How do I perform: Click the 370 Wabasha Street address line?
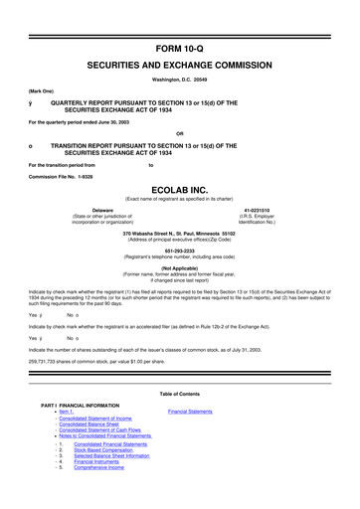tap(180, 261)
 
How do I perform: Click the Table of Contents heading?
tap(180, 422)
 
